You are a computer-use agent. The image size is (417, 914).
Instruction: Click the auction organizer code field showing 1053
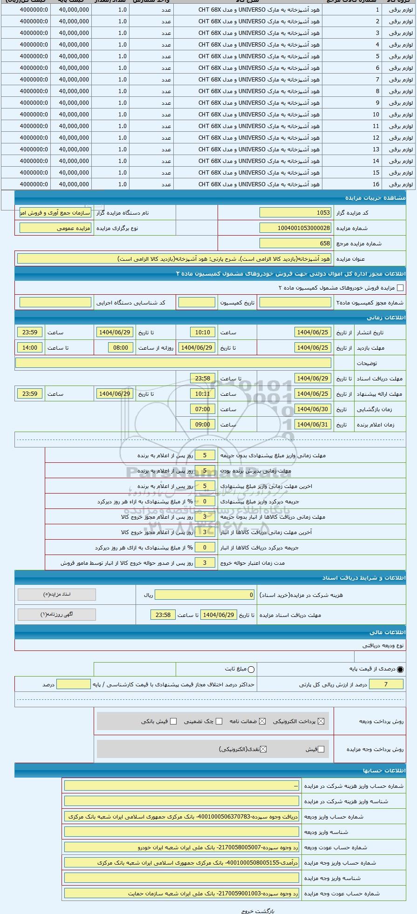click(295, 213)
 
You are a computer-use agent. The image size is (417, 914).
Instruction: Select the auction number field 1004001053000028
click(295, 228)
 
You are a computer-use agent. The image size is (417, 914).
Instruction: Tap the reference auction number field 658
click(295, 244)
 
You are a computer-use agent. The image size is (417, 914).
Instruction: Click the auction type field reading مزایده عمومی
click(55, 228)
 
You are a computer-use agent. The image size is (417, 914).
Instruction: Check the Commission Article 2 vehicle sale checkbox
click(400, 288)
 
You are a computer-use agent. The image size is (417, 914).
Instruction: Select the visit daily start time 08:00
click(121, 348)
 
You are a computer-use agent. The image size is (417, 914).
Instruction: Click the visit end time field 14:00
click(30, 348)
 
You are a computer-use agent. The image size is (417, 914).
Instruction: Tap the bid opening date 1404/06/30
click(313, 409)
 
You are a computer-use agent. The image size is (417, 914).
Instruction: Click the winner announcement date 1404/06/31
click(313, 425)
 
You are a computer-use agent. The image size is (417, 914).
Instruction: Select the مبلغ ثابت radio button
click(251, 670)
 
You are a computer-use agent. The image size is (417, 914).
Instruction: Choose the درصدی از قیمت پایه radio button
click(400, 670)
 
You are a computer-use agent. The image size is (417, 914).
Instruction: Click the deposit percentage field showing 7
click(386, 684)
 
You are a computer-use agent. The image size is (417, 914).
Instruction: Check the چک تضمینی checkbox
click(219, 722)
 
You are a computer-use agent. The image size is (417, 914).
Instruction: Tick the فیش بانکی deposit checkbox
click(173, 722)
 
